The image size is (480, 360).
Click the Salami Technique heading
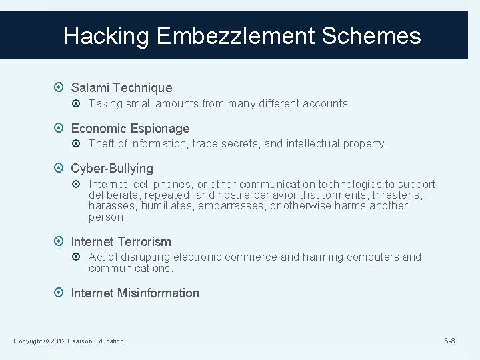click(121, 88)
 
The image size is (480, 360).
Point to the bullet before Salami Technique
click(61, 88)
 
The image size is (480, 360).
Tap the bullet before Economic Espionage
click(61, 129)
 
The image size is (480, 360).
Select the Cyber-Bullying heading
click(112, 169)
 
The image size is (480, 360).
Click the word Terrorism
click(145, 242)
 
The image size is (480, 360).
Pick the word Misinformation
click(159, 293)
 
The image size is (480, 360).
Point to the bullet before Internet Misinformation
click(61, 293)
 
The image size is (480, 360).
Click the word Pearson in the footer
click(79, 341)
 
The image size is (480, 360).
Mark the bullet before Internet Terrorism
click(61, 242)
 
